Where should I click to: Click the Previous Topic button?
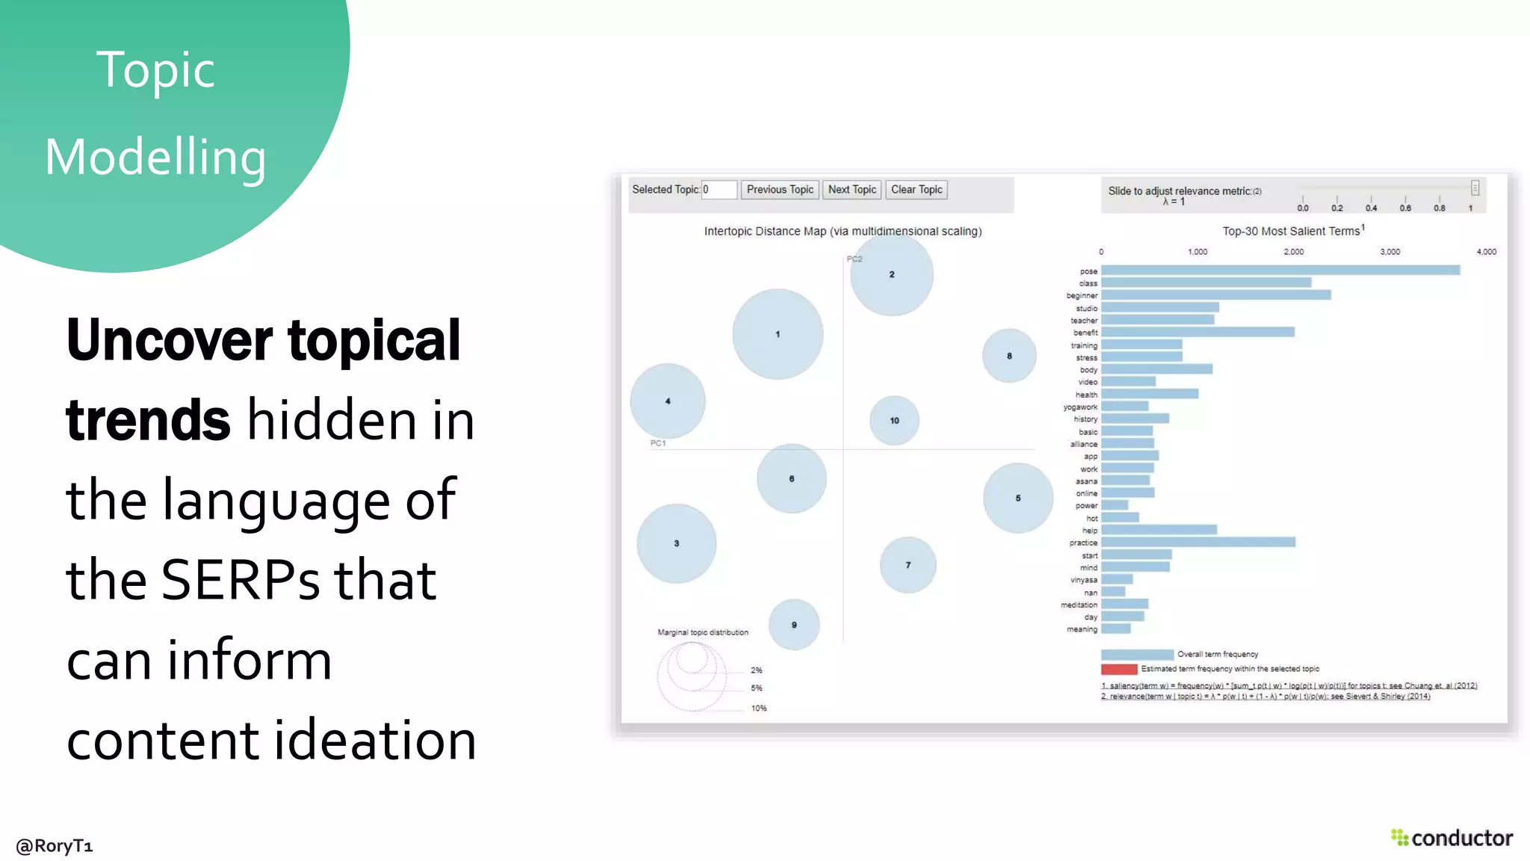point(780,190)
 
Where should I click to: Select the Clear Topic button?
point(917,190)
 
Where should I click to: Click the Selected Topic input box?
point(719,190)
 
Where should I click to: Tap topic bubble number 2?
point(891,274)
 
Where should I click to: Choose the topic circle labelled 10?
point(894,421)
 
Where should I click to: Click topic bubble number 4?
point(668,401)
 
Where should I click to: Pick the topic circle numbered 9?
point(794,625)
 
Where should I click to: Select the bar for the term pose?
point(1280,271)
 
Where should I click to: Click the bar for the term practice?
point(1198,542)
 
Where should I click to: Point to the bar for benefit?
point(1197,332)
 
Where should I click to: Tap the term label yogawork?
point(1080,407)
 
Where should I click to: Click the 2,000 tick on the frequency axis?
point(1293,252)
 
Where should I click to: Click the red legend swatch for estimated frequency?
point(1118,669)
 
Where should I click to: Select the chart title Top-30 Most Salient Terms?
point(1292,232)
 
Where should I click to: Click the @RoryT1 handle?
point(55,846)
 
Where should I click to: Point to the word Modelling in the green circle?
point(155,158)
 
